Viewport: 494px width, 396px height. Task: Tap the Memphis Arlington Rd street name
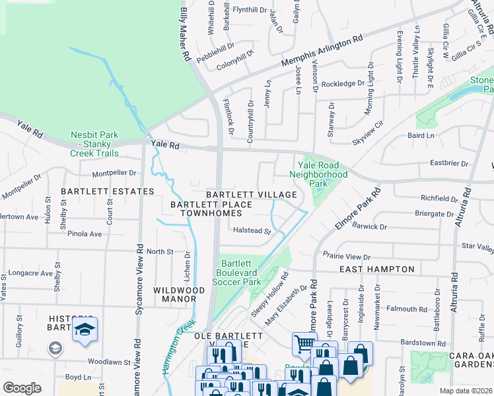tap(322, 51)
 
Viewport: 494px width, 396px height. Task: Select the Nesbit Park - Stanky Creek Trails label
tap(94, 144)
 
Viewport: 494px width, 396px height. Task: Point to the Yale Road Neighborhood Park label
tap(318, 174)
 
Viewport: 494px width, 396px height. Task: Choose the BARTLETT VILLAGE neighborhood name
tap(251, 195)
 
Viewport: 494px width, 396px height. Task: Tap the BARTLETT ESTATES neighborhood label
tap(108, 191)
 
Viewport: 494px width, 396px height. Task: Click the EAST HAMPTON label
tap(377, 269)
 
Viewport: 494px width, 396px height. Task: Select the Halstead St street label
tap(252, 231)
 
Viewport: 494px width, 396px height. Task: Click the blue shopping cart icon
tap(304, 343)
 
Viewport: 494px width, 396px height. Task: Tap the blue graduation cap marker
tap(85, 329)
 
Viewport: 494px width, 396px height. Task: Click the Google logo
tap(22, 388)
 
